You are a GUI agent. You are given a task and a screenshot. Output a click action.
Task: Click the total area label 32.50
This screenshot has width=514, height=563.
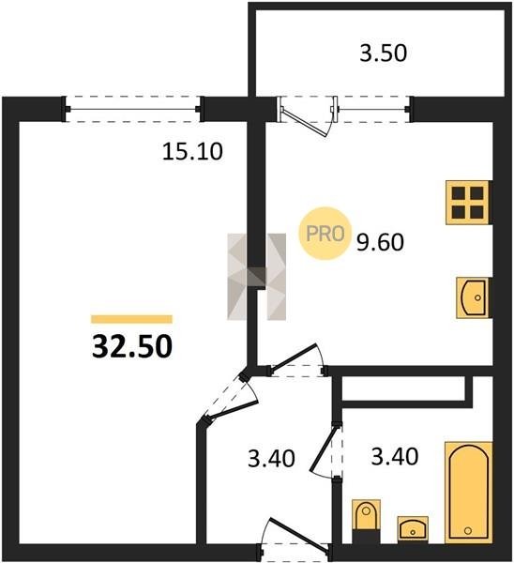(x=132, y=347)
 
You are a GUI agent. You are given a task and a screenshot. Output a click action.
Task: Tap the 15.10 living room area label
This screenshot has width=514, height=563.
(x=192, y=151)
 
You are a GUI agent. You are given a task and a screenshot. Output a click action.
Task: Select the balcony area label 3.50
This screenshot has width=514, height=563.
(x=384, y=53)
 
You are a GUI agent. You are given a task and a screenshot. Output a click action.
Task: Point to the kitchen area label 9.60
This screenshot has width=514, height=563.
(x=380, y=242)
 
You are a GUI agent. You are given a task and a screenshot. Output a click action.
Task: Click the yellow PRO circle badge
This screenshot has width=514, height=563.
(x=325, y=234)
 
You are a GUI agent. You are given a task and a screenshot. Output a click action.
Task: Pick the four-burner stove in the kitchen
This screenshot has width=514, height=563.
(x=468, y=203)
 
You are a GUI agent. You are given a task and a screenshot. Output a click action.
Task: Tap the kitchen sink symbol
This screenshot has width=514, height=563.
(x=473, y=297)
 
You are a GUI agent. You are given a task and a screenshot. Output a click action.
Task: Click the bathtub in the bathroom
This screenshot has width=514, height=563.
(x=468, y=493)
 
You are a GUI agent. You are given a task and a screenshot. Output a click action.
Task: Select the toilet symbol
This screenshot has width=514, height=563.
(x=366, y=520)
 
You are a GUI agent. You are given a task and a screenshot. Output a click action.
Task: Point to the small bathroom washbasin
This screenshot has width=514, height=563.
(x=413, y=529)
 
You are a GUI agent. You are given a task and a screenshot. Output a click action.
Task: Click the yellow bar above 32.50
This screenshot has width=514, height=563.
(x=131, y=319)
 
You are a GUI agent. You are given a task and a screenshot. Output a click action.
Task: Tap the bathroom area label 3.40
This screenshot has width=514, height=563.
(x=395, y=457)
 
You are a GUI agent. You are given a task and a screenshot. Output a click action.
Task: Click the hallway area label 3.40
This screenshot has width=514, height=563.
(x=271, y=459)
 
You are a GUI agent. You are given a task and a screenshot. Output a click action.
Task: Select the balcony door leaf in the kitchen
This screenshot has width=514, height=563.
(x=305, y=122)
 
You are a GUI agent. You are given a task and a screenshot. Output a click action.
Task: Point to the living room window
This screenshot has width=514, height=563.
(x=133, y=109)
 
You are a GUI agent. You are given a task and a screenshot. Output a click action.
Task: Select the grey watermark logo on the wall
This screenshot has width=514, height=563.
(x=257, y=277)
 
